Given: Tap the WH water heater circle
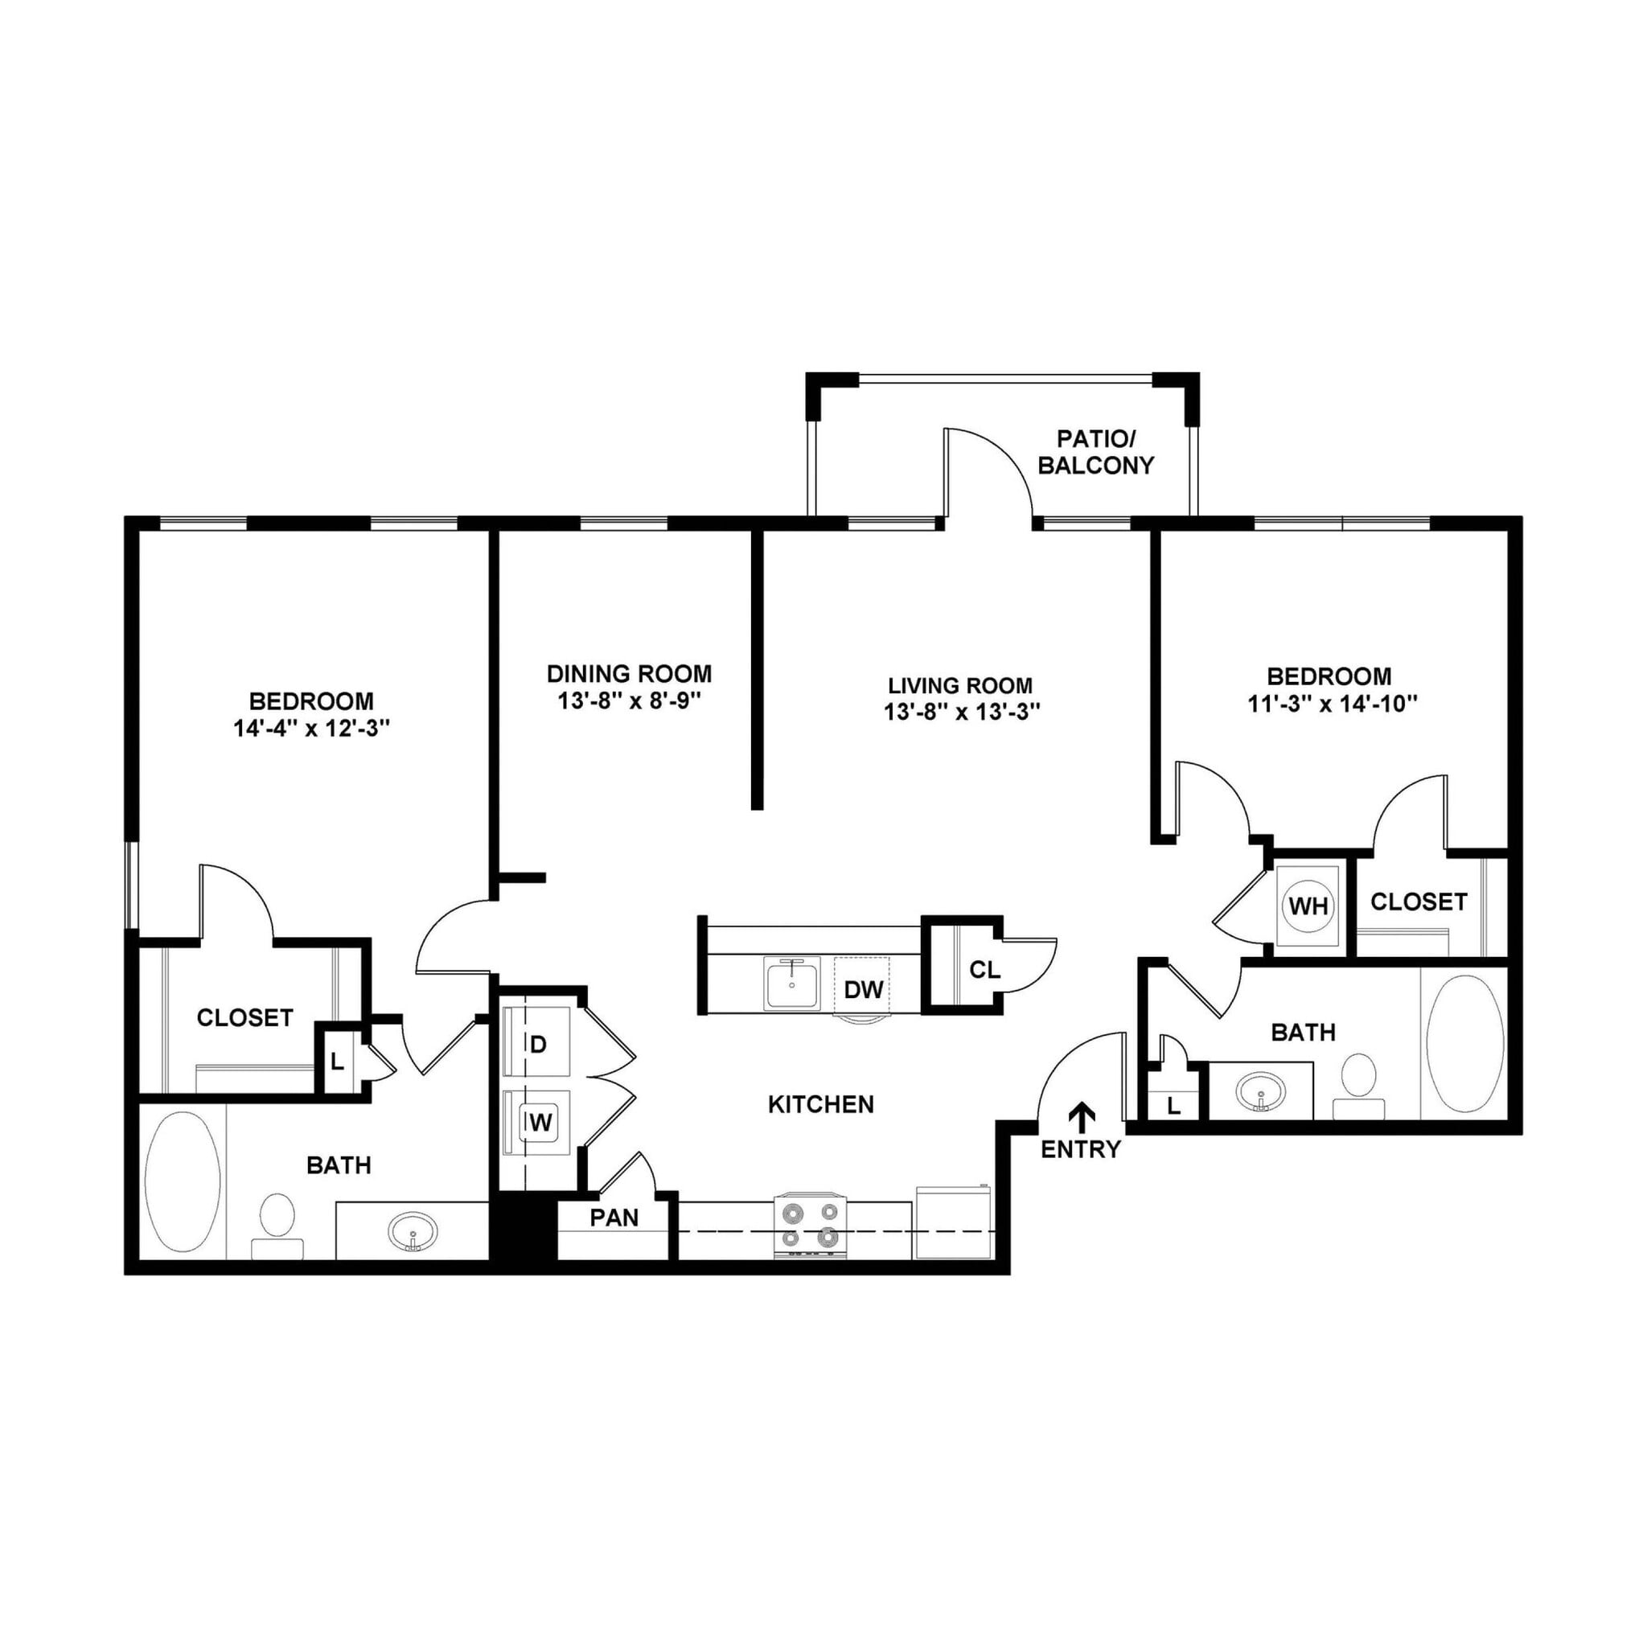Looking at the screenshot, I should pos(1308,906).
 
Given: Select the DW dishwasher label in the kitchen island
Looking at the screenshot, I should pos(863,990).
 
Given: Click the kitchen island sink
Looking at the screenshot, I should pos(792,984).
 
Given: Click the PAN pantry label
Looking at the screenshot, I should pos(614,1218).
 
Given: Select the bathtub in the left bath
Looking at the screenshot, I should pos(183,1180).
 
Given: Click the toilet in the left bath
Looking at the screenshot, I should pos(277,1222).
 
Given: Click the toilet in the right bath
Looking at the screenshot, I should pos(1358,1084).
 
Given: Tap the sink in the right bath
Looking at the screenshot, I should pos(1261,1090).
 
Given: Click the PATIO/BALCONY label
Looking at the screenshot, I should pos(1095,452).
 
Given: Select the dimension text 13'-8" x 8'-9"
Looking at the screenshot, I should pos(628,700).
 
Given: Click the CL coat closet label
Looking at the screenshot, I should pos(984,969).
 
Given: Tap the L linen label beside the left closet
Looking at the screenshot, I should pos(337,1062).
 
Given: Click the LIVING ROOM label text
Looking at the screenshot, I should pos(960,685).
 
